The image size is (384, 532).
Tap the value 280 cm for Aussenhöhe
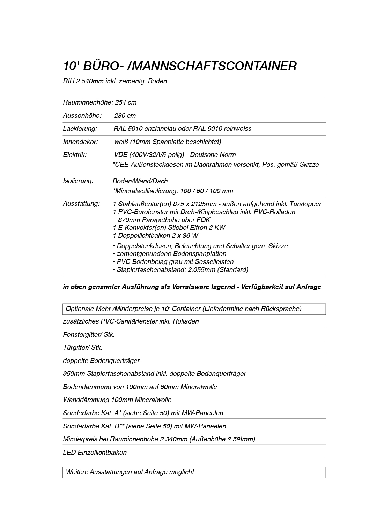(125, 116)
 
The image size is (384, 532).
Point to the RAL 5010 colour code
(128, 129)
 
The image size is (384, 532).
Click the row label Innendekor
(80, 142)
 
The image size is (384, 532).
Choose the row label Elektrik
(75, 155)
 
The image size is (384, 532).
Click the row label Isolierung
(78, 181)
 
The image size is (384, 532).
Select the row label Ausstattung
(81, 204)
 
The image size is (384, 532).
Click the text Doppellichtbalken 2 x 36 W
(156, 236)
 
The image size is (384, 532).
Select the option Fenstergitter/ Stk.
(89, 335)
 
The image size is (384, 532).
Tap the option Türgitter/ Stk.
(82, 348)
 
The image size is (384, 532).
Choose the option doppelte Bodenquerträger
(101, 361)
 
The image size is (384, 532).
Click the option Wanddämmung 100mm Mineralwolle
(117, 400)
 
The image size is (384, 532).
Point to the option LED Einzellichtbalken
(95, 453)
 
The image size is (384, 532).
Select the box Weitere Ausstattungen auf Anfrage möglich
(194, 472)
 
